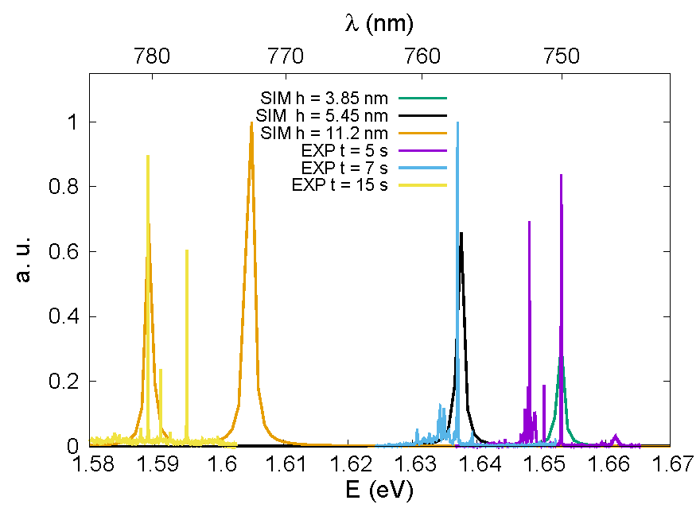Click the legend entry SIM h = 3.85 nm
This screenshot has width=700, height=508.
coord(324,99)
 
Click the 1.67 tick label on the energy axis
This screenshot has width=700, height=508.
coord(669,463)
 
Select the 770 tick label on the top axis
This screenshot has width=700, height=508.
coord(286,56)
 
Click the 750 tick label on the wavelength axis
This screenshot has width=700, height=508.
coord(558,56)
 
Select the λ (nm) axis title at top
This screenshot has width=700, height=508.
coord(379,24)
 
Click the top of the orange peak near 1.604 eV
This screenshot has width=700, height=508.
coord(251,123)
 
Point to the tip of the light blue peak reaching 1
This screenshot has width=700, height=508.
coord(457,122)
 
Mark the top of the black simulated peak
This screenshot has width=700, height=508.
coord(461,233)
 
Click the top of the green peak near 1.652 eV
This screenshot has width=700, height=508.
coord(561,357)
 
